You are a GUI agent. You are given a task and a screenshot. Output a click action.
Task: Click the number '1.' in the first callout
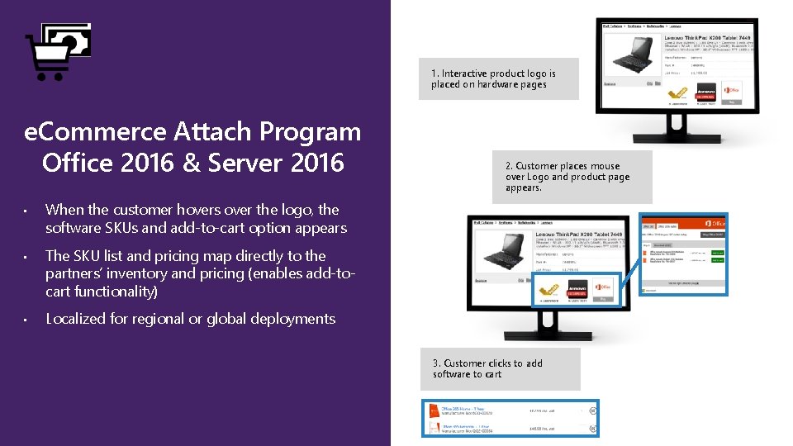pyautogui.click(x=434, y=74)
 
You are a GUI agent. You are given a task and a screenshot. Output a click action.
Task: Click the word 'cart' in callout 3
pyautogui.click(x=492, y=374)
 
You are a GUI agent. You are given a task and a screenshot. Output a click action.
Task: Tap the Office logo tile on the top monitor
pyautogui.click(x=730, y=92)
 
